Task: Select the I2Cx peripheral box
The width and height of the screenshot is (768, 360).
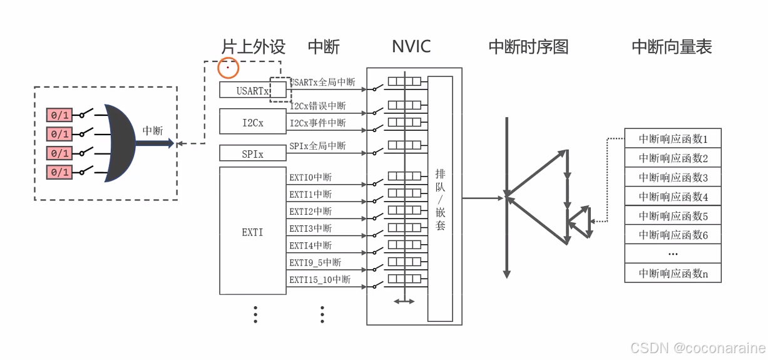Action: tap(252, 122)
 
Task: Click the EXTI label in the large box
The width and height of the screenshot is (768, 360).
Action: tap(252, 232)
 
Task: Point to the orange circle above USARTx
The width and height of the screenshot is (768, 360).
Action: tap(228, 67)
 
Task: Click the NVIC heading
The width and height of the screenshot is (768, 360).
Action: tap(411, 46)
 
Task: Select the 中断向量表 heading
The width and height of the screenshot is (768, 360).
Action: tap(672, 47)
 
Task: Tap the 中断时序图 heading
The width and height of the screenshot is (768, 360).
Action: tap(528, 47)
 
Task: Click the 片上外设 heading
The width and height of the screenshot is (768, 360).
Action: tap(253, 46)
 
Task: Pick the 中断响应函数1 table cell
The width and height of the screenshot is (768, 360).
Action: tap(673, 139)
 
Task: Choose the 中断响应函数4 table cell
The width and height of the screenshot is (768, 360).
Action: tap(673, 197)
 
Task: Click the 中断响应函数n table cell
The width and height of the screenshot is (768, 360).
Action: tap(673, 273)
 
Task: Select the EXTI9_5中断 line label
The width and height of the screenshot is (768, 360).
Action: tap(315, 262)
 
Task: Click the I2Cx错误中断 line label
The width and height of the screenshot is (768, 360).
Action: tap(317, 106)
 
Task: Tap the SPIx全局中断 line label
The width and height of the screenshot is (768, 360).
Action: tap(317, 145)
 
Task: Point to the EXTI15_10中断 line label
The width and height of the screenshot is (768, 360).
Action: tap(319, 279)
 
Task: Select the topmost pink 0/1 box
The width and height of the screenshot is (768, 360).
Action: tap(59, 115)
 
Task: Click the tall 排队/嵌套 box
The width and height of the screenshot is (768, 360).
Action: tap(440, 198)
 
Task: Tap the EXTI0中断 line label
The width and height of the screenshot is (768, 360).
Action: tap(310, 177)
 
